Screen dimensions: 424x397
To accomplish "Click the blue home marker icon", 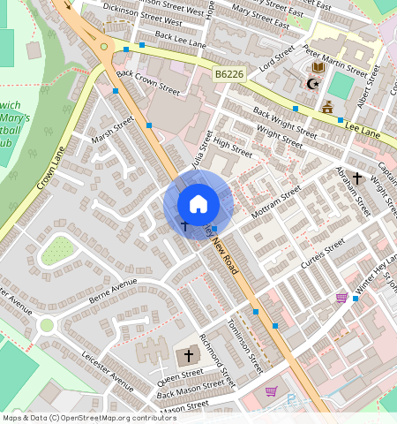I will pos(198,204).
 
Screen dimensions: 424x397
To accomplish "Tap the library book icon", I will pos(318,67).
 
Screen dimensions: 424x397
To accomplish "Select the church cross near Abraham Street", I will pos(356,178).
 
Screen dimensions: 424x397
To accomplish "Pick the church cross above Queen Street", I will pos(188,355).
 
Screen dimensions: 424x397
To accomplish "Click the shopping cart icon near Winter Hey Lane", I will pos(341,298).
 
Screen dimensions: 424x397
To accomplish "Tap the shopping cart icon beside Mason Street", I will pos(271,391).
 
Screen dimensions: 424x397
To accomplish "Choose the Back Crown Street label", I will pos(148,84).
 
